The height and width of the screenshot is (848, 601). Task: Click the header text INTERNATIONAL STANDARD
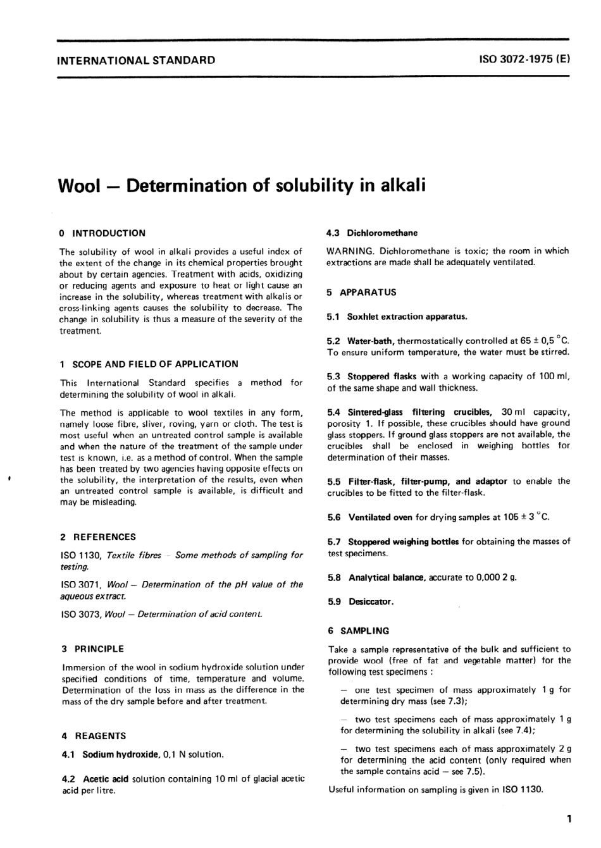point(136,61)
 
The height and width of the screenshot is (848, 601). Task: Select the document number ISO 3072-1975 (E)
point(524,60)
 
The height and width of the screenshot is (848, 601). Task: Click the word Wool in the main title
point(80,186)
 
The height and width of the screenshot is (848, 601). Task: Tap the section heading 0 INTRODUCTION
point(102,233)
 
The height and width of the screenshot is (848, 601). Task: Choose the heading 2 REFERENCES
point(98,537)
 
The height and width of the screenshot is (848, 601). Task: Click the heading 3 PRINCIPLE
point(93,649)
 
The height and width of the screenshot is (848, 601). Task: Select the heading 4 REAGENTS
point(94,736)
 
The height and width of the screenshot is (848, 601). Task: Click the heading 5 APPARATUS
point(362,292)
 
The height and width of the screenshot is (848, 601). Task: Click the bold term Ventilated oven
point(380,517)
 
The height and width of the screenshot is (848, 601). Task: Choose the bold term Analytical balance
point(387,577)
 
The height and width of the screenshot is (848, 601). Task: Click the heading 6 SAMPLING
point(359,630)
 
